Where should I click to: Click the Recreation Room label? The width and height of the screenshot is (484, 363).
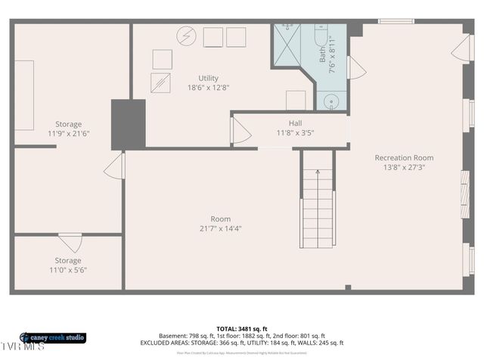point(404,158)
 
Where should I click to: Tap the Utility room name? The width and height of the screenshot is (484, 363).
point(208,78)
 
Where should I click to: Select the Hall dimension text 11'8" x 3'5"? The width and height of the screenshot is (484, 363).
point(295,132)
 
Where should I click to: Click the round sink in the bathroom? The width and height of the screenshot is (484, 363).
point(331,101)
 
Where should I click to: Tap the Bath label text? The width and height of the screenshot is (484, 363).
point(322,54)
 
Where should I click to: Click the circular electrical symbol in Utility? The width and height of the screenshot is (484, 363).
point(185,36)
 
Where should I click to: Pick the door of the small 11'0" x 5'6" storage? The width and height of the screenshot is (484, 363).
point(70,243)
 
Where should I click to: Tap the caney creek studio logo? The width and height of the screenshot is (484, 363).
point(52,337)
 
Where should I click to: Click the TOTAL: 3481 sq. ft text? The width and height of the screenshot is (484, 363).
point(241,328)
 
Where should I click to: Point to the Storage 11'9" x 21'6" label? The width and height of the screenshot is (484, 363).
point(68,129)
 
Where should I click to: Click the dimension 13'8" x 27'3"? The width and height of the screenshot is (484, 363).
point(404,167)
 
